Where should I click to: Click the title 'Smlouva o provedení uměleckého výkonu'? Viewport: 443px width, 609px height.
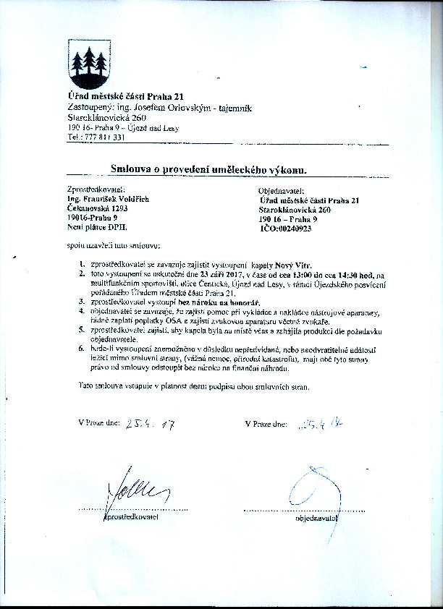[209, 169]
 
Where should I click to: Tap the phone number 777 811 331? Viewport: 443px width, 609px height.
[106, 137]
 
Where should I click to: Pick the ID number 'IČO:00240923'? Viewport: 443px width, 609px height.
[285, 228]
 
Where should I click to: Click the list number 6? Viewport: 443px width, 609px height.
[83, 350]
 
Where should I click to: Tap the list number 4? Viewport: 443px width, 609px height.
[83, 312]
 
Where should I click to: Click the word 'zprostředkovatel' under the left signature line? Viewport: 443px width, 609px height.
[132, 517]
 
